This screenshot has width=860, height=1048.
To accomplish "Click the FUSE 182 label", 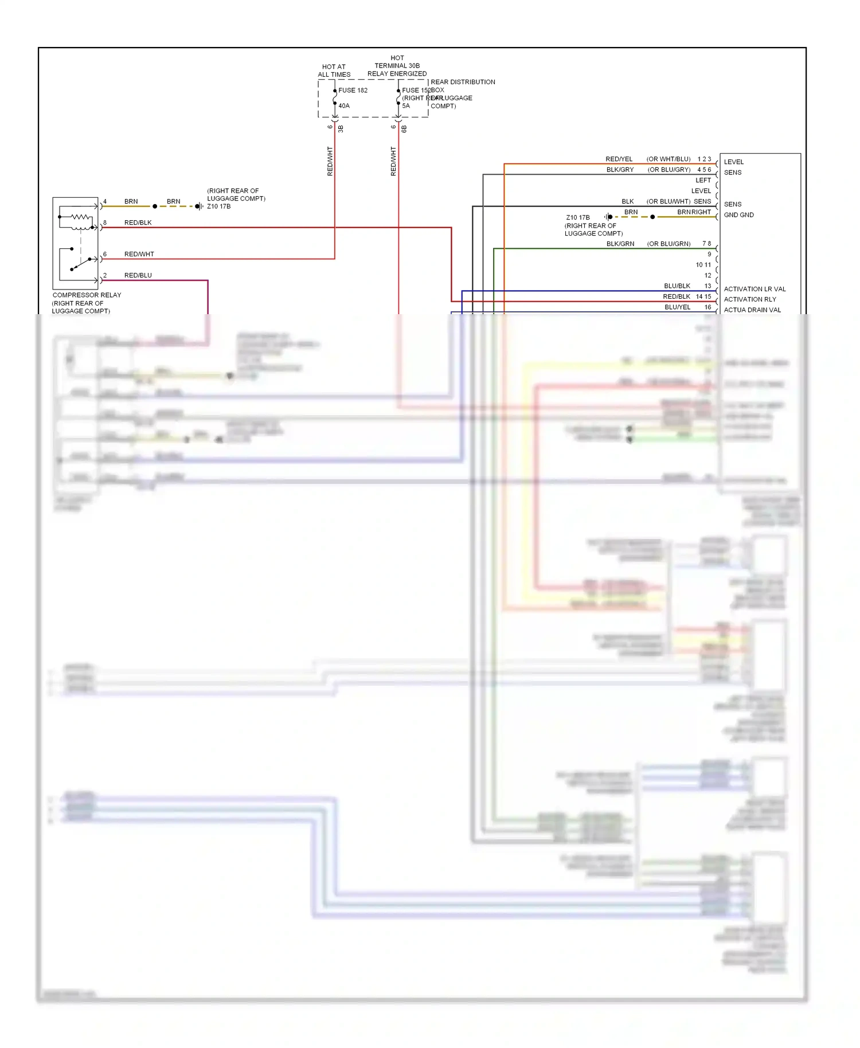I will tap(353, 90).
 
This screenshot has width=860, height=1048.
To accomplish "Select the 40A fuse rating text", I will tap(343, 105).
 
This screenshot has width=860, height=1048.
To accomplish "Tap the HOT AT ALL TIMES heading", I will tap(334, 71).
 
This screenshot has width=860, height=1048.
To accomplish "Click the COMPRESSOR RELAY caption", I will tap(87, 295).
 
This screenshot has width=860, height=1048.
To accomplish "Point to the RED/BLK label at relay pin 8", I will tap(138, 222).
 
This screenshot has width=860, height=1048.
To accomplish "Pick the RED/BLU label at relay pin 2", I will tap(138, 275).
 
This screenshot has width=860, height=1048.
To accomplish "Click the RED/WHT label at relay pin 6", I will tap(139, 254).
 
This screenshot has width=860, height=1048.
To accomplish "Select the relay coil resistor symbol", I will tap(81, 217).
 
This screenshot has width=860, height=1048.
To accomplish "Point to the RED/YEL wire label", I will tap(619, 159).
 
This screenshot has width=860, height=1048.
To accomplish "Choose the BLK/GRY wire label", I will tap(620, 170).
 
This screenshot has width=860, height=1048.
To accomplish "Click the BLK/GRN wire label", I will tap(620, 244).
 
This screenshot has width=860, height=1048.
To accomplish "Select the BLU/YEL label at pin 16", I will tap(677, 307).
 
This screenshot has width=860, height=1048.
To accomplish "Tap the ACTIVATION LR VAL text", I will tap(755, 289).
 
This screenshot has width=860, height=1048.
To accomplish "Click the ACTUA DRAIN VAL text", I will tap(752, 310).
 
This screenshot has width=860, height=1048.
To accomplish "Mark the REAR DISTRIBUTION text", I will tap(463, 82).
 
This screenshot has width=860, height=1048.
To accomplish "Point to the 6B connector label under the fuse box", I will tap(404, 129).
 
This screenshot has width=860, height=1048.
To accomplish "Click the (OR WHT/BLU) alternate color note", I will tap(668, 159).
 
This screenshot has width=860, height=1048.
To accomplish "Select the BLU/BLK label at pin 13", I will tap(677, 286).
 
